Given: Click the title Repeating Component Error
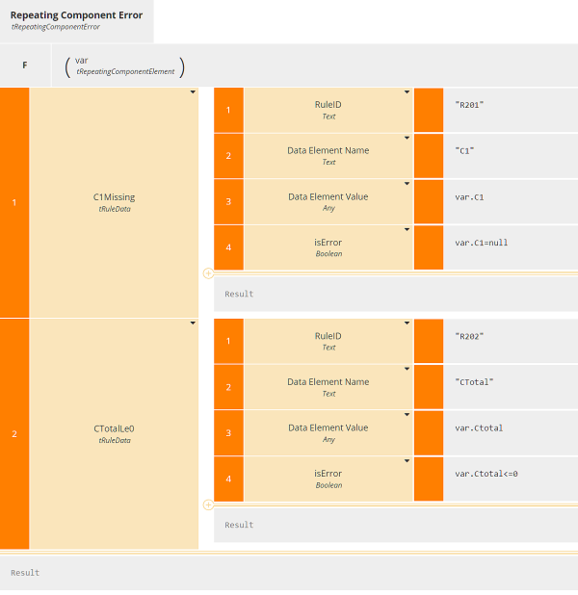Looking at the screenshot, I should [76, 15].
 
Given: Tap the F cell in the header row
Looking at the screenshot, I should [24, 65].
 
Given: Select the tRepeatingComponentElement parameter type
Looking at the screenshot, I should [124, 71].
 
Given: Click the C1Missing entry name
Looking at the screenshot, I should [114, 197].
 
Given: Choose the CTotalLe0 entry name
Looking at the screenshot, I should [114, 428].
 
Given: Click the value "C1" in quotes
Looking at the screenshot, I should [464, 150].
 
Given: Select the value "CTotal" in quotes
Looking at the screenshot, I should [474, 382].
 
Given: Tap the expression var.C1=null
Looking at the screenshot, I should [481, 243].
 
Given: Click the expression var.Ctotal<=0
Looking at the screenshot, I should [486, 474].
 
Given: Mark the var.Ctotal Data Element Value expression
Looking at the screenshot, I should [478, 428].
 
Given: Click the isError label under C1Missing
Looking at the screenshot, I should [328, 243].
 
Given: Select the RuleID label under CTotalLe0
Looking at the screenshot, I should [328, 336].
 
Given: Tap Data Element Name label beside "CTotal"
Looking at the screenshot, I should [328, 382].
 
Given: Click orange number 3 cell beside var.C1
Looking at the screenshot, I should [228, 202].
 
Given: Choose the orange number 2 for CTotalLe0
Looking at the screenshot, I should [13, 434].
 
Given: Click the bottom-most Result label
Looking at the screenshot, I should [25, 573].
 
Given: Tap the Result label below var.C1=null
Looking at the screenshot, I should [239, 294].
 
